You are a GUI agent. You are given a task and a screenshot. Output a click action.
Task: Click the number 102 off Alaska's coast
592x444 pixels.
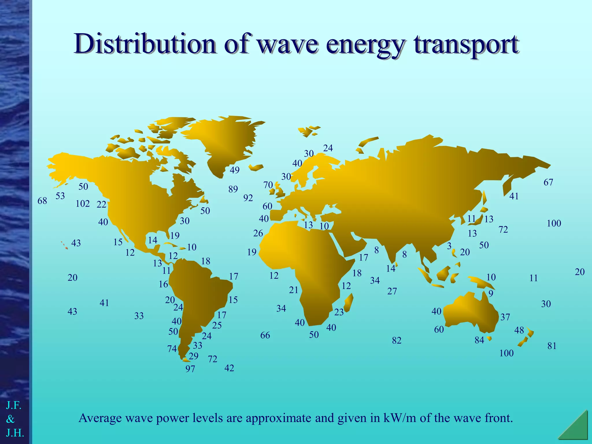click(83, 204)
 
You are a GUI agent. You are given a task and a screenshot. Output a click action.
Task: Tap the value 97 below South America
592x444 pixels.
click(190, 369)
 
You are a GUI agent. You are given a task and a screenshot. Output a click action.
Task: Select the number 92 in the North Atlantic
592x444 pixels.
click(248, 198)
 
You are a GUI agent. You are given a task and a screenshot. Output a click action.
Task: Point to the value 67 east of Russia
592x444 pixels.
click(548, 182)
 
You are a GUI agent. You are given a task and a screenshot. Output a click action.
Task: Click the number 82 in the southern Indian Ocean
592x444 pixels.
click(397, 341)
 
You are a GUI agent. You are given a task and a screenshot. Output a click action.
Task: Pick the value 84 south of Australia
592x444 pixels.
click(479, 340)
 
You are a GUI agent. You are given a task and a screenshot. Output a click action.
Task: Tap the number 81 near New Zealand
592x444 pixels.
click(552, 346)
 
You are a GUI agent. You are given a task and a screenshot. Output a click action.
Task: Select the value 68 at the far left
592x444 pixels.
click(42, 201)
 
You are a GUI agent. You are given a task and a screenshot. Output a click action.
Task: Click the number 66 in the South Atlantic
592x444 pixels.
click(265, 335)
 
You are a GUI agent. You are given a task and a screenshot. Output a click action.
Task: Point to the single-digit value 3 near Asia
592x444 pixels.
click(449, 246)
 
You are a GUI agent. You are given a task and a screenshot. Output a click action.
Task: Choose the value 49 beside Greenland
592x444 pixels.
click(234, 170)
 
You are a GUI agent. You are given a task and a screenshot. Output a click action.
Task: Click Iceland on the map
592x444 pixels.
click(256, 167)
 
